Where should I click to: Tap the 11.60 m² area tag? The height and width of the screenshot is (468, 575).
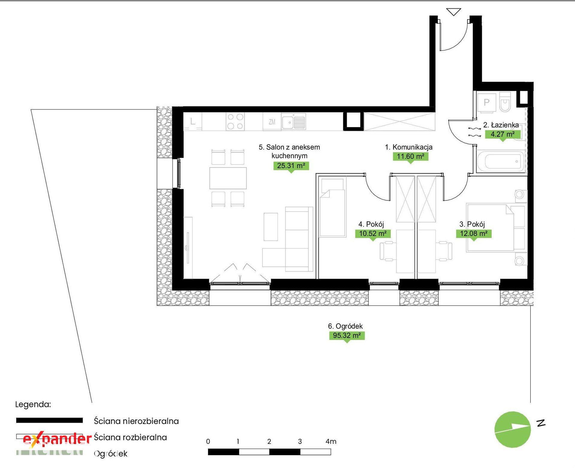tap(410, 156)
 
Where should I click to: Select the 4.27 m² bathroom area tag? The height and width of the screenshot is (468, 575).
tap(503, 134)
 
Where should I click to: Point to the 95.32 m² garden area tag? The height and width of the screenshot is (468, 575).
tap(347, 335)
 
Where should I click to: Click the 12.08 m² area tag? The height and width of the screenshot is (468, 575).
tap(474, 233)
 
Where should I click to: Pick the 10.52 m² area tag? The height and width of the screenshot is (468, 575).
tap(373, 233)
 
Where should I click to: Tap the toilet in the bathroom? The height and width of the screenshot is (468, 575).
tap(505, 102)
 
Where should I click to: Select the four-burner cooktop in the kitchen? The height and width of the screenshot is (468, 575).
tap(235, 121)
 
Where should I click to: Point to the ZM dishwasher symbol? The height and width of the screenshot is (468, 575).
tap(272, 122)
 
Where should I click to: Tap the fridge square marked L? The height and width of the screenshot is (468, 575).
tap(193, 122)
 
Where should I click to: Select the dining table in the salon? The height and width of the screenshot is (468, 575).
tap(228, 178)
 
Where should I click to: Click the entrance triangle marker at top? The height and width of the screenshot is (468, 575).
tap(454, 12)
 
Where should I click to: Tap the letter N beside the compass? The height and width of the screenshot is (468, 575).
tap(541, 422)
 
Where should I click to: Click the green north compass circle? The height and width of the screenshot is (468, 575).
tap(512, 429)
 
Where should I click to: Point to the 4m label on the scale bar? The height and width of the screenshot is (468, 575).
tap(331, 441)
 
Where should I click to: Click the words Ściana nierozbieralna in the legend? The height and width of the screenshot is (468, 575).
tap(136, 421)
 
